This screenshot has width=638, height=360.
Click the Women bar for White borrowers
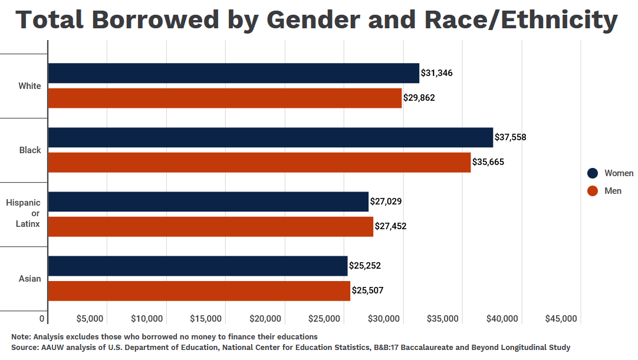234,73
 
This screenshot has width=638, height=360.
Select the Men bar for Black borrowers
259,162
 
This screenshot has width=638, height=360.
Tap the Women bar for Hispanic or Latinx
208,202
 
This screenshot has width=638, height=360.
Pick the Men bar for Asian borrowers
199,290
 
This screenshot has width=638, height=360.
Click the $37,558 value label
511,137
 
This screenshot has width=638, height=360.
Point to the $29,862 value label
419,98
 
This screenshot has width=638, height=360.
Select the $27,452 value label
391,226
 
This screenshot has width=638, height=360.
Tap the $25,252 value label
365,266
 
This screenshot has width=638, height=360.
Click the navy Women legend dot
593,173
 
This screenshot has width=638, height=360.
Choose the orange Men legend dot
593,191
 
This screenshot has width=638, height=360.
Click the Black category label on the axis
30,150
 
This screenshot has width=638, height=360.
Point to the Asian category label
30,279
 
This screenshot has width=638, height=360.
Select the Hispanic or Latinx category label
24,213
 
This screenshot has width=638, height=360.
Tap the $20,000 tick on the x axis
265,319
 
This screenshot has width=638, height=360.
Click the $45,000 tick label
561,319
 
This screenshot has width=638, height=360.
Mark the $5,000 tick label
90,319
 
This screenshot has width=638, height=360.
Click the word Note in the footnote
20,336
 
